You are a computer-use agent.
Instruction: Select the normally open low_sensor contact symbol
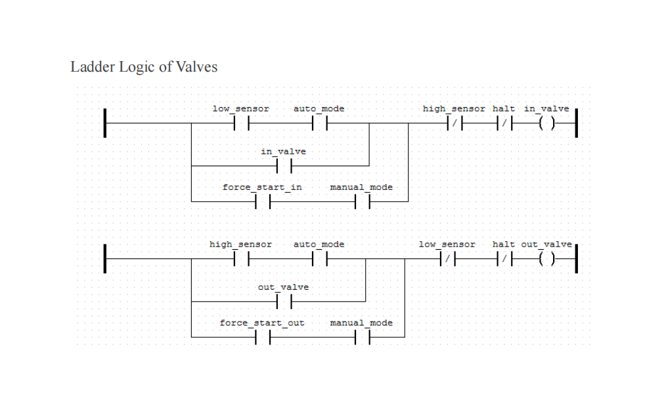[241, 123]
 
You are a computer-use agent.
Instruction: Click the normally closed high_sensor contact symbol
[455, 123]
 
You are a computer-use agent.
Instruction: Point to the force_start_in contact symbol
[263, 201]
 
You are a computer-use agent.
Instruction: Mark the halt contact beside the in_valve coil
[504, 123]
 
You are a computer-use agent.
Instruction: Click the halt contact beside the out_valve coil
[504, 259]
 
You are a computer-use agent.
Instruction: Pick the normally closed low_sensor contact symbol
[447, 259]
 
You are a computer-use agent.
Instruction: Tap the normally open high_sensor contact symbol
[241, 259]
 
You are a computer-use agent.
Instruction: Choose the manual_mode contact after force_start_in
[362, 201]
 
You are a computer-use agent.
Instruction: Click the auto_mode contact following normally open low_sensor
[319, 123]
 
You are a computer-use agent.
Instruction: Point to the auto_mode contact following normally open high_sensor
[319, 259]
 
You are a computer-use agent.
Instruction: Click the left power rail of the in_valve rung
[105, 123]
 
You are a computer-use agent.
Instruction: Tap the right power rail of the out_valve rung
[576, 259]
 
